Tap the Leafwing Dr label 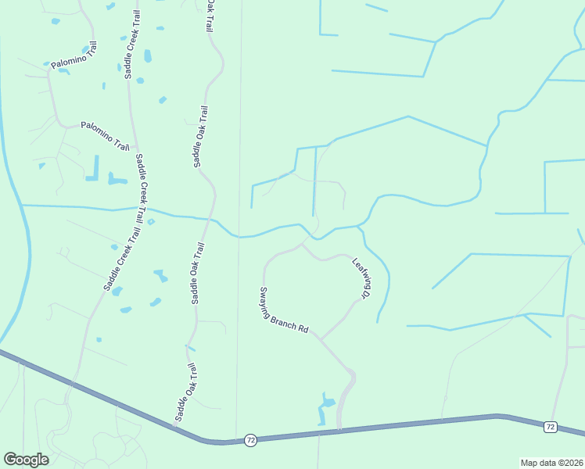pyautogui.click(x=361, y=278)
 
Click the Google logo pyautogui.click(x=26, y=460)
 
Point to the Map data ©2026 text pyautogui.click(x=551, y=463)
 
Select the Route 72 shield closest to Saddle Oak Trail pyautogui.click(x=249, y=440)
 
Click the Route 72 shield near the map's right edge pyautogui.click(x=551, y=427)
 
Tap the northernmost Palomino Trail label pyautogui.click(x=74, y=59)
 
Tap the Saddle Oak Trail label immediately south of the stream pyautogui.click(x=197, y=273)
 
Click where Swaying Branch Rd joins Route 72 pyautogui.click(x=339, y=430)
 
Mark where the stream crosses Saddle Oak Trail pyautogui.click(x=210, y=219)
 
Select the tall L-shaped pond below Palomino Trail pyautogui.click(x=95, y=169)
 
